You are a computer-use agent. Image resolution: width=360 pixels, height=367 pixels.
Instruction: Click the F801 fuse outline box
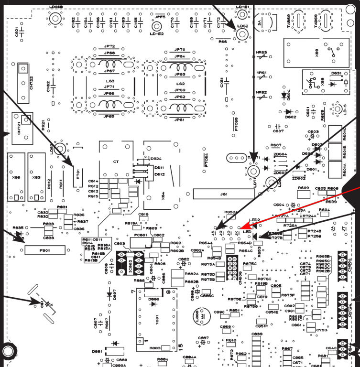click(45, 249)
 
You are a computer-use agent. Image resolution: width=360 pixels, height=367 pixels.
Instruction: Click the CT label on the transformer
click(116, 162)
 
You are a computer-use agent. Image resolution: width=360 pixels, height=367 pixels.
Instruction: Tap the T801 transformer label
click(157, 320)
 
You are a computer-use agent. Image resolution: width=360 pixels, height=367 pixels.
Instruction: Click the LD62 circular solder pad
click(242, 34)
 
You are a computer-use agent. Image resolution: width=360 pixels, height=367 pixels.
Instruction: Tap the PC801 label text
click(141, 235)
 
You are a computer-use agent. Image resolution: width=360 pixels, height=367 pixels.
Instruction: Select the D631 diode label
click(337, 73)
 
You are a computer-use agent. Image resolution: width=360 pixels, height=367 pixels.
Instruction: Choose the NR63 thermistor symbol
click(262, 57)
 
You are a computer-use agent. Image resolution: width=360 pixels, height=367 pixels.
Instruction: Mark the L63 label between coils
click(110, 82)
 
